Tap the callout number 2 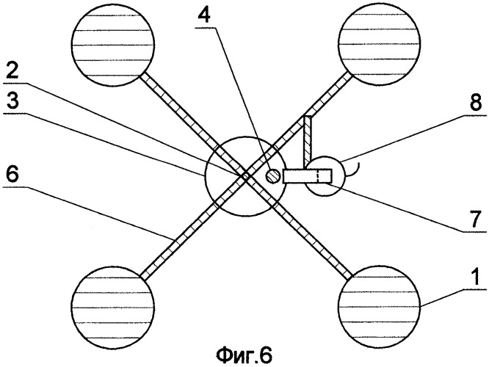[10, 70]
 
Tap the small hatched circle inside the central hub [271, 176]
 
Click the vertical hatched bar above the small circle [310, 139]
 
